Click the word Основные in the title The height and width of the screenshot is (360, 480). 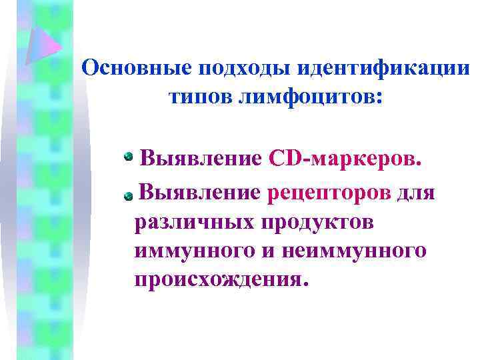click(x=133, y=68)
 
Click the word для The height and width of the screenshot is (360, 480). click(x=416, y=193)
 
